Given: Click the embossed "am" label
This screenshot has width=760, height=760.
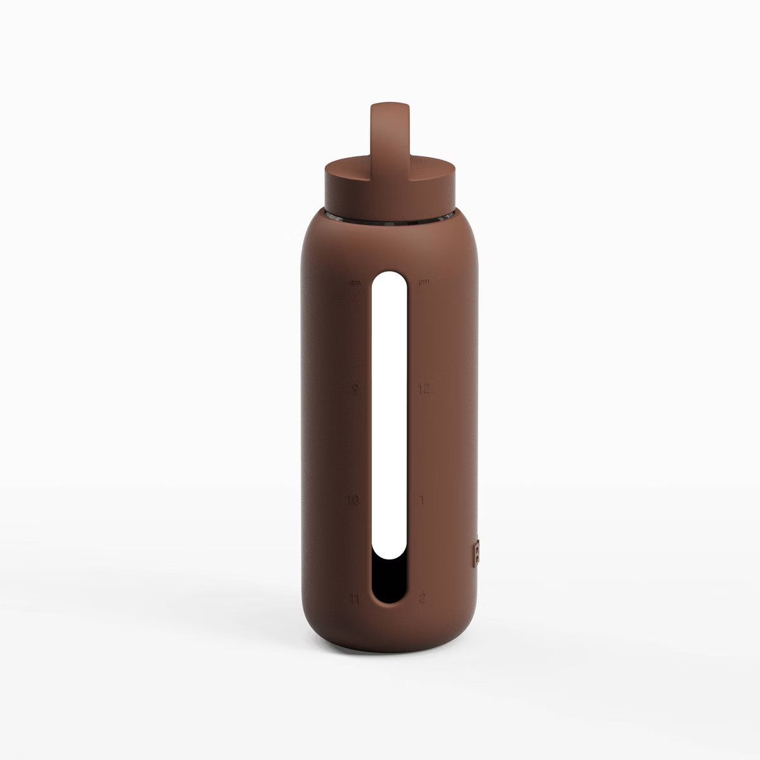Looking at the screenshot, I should click(355, 281).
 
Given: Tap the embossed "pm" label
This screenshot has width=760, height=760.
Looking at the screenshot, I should click(424, 281).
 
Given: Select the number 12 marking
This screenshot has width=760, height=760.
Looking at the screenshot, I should click(424, 388).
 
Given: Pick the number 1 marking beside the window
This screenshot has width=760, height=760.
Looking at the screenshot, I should click(422, 500).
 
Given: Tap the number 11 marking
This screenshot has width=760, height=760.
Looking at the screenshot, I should click(354, 598).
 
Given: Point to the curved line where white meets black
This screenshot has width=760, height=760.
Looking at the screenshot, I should click(389, 556).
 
